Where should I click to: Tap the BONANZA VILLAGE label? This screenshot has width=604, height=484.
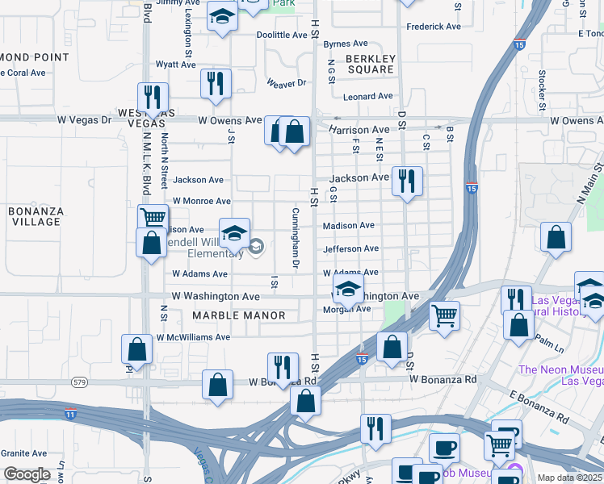tap(36, 216)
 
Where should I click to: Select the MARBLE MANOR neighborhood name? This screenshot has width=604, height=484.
tap(239, 315)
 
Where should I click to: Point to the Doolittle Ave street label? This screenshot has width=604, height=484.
tap(282, 35)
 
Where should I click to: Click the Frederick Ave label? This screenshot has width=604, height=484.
tap(434, 27)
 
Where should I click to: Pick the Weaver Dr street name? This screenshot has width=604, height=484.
tap(287, 82)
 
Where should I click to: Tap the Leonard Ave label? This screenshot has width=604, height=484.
tap(367, 97)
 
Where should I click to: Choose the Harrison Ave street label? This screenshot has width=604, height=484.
tap(359, 130)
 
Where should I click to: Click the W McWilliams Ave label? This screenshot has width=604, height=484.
tap(193, 337)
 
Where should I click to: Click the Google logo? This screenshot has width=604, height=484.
tap(27, 474)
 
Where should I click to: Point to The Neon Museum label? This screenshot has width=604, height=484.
tap(559, 370)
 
